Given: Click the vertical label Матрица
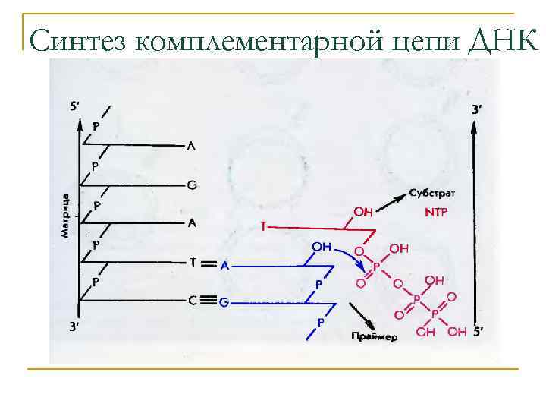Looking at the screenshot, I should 66,216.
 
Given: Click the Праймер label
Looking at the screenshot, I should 375,336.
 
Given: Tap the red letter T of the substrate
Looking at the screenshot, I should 263,226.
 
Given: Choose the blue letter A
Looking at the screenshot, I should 224,266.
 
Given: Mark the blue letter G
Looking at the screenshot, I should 224,302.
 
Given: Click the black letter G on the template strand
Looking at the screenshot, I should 191,184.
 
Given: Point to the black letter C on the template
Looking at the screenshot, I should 193,301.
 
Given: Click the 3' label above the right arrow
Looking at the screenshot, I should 476,109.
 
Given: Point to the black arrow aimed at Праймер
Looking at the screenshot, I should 360,315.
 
